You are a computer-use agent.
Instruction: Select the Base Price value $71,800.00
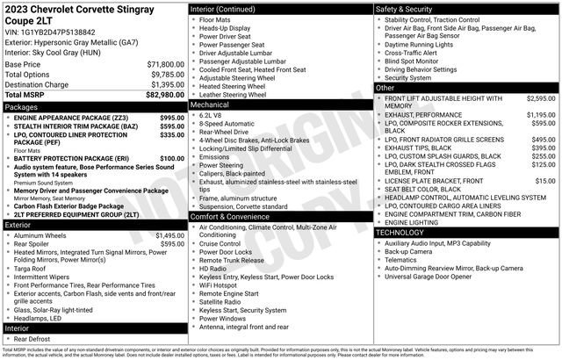pos(165,64)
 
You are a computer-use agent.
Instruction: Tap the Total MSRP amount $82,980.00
pos(165,94)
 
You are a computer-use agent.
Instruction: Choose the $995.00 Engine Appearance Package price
pos(172,117)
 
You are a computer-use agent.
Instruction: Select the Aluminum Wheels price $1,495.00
pos(169,235)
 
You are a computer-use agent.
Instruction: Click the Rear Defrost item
pos(32,338)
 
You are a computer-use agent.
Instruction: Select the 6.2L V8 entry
pos(210,114)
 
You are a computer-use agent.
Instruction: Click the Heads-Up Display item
pos(224,28)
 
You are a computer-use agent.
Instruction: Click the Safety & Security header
pos(406,8)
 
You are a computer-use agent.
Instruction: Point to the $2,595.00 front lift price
pos(541,98)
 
